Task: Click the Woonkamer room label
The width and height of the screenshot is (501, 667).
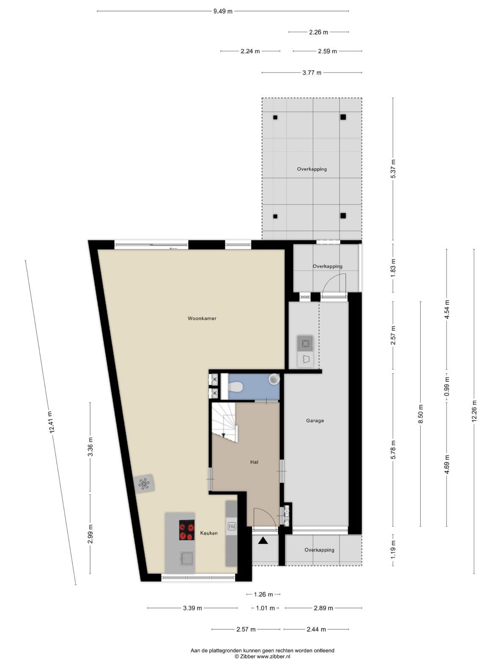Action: click(202, 318)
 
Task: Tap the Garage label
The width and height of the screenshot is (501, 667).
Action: click(315, 420)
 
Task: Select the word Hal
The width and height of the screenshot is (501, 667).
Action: click(254, 462)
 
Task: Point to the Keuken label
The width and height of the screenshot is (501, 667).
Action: click(209, 533)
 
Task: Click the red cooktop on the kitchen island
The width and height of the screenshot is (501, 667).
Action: click(186, 530)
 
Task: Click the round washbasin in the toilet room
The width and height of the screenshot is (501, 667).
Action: click(274, 379)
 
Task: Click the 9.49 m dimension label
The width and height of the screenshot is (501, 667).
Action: click(223, 11)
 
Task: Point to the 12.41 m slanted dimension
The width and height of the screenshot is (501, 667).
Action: click(50, 422)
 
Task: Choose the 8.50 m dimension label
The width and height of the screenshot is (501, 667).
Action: click(420, 414)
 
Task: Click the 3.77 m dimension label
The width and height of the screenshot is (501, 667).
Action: click(312, 73)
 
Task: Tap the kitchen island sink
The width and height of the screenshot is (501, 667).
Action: click(186, 558)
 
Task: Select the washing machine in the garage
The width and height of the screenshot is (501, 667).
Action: click(305, 344)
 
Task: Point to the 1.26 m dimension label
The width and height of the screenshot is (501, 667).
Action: click(263, 594)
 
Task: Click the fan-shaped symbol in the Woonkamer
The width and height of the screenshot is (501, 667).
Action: click(144, 484)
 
